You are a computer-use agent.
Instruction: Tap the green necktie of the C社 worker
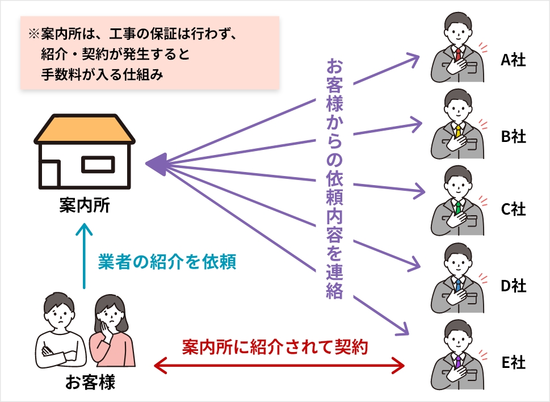point(458,207)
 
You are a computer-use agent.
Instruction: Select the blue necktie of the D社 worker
point(458,283)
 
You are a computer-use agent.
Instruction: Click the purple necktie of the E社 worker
point(458,359)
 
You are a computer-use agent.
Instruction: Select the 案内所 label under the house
point(85,205)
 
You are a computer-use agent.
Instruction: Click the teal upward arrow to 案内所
point(85,256)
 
